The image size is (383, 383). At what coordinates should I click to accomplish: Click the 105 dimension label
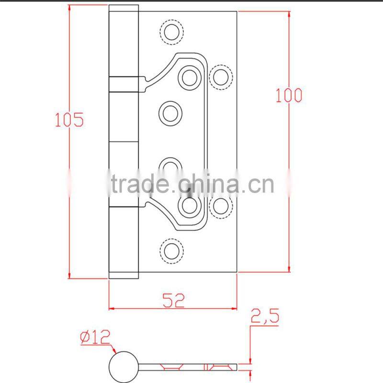69,119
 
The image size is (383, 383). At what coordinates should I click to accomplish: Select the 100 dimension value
289,95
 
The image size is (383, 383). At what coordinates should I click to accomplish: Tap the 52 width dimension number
173,300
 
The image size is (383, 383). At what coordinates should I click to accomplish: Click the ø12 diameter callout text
95,338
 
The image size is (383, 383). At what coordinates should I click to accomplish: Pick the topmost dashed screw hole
171,32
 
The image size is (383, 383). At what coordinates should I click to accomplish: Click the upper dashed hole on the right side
220,76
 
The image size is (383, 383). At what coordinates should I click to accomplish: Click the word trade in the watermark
139,184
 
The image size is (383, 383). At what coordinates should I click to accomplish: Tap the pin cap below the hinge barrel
124,275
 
